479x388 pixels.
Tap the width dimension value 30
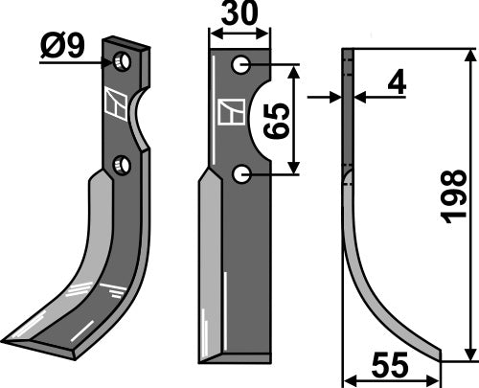239,16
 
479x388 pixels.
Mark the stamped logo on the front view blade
229,114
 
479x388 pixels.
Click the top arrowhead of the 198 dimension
468,54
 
